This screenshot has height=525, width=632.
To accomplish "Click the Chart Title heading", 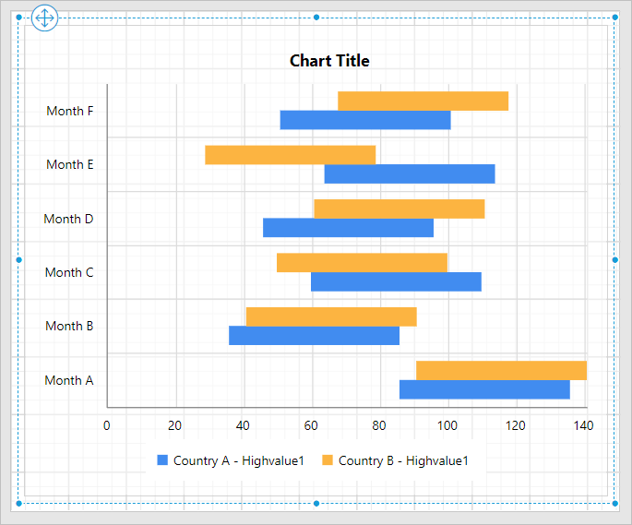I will [329, 61].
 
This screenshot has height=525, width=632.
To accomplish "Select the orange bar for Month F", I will [423, 101].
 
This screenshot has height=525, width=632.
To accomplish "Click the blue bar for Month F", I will [365, 120].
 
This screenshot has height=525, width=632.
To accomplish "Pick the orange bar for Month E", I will [290, 155].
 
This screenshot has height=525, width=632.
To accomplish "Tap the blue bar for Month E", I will [410, 173].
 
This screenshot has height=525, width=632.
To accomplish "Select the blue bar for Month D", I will [348, 228].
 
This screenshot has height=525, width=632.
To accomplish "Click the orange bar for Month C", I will [362, 263].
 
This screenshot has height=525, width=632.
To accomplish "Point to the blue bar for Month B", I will [314, 336].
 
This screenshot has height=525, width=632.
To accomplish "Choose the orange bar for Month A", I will [501, 370].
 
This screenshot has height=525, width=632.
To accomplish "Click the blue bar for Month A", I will [484, 389].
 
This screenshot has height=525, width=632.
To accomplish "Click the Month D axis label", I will [68, 219].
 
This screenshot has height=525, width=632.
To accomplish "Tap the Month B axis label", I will [69, 326].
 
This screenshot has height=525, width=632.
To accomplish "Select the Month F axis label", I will [70, 111].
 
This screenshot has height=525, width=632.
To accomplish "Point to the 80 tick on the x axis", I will [379, 425].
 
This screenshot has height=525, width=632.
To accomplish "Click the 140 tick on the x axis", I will [583, 425].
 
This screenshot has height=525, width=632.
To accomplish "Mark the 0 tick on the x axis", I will [107, 425].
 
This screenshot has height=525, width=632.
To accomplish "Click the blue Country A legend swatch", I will [162, 460].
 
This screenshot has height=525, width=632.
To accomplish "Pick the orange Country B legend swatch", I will [328, 460].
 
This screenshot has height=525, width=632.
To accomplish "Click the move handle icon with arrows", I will [44, 18].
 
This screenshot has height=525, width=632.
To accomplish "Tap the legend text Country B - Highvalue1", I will [404, 460].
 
